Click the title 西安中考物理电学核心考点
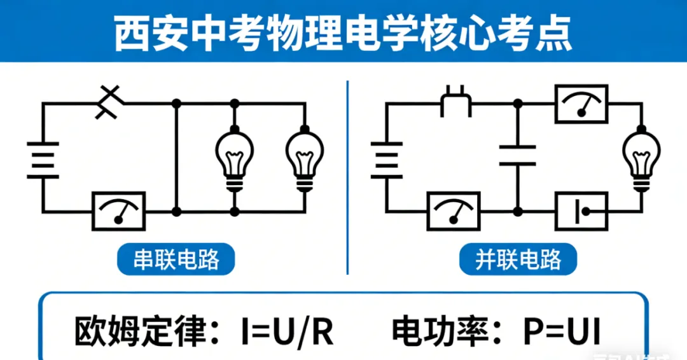343,33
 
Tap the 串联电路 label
176,260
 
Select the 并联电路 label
518,260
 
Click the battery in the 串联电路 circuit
43,160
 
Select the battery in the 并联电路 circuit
387,160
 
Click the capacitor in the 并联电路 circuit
517,156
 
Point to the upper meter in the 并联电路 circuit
581,103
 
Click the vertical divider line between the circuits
348,178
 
